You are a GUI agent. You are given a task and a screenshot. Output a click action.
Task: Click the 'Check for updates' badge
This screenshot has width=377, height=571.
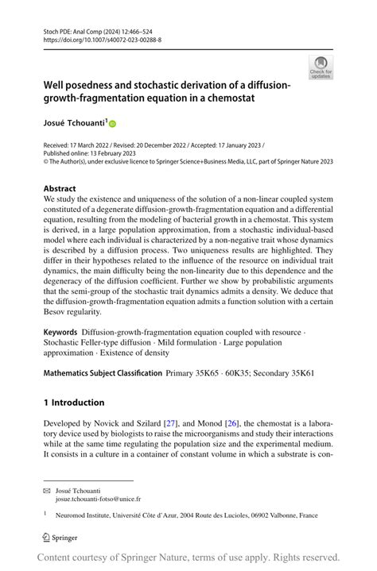(321, 68)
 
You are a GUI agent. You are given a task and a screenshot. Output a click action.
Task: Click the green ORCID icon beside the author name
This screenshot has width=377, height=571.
(112, 124)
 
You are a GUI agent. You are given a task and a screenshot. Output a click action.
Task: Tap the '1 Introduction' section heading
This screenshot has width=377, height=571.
(74, 403)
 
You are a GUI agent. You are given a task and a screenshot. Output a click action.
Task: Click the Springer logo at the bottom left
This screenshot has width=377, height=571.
(60, 538)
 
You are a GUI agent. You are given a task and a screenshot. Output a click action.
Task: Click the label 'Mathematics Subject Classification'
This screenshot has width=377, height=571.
(103, 372)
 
